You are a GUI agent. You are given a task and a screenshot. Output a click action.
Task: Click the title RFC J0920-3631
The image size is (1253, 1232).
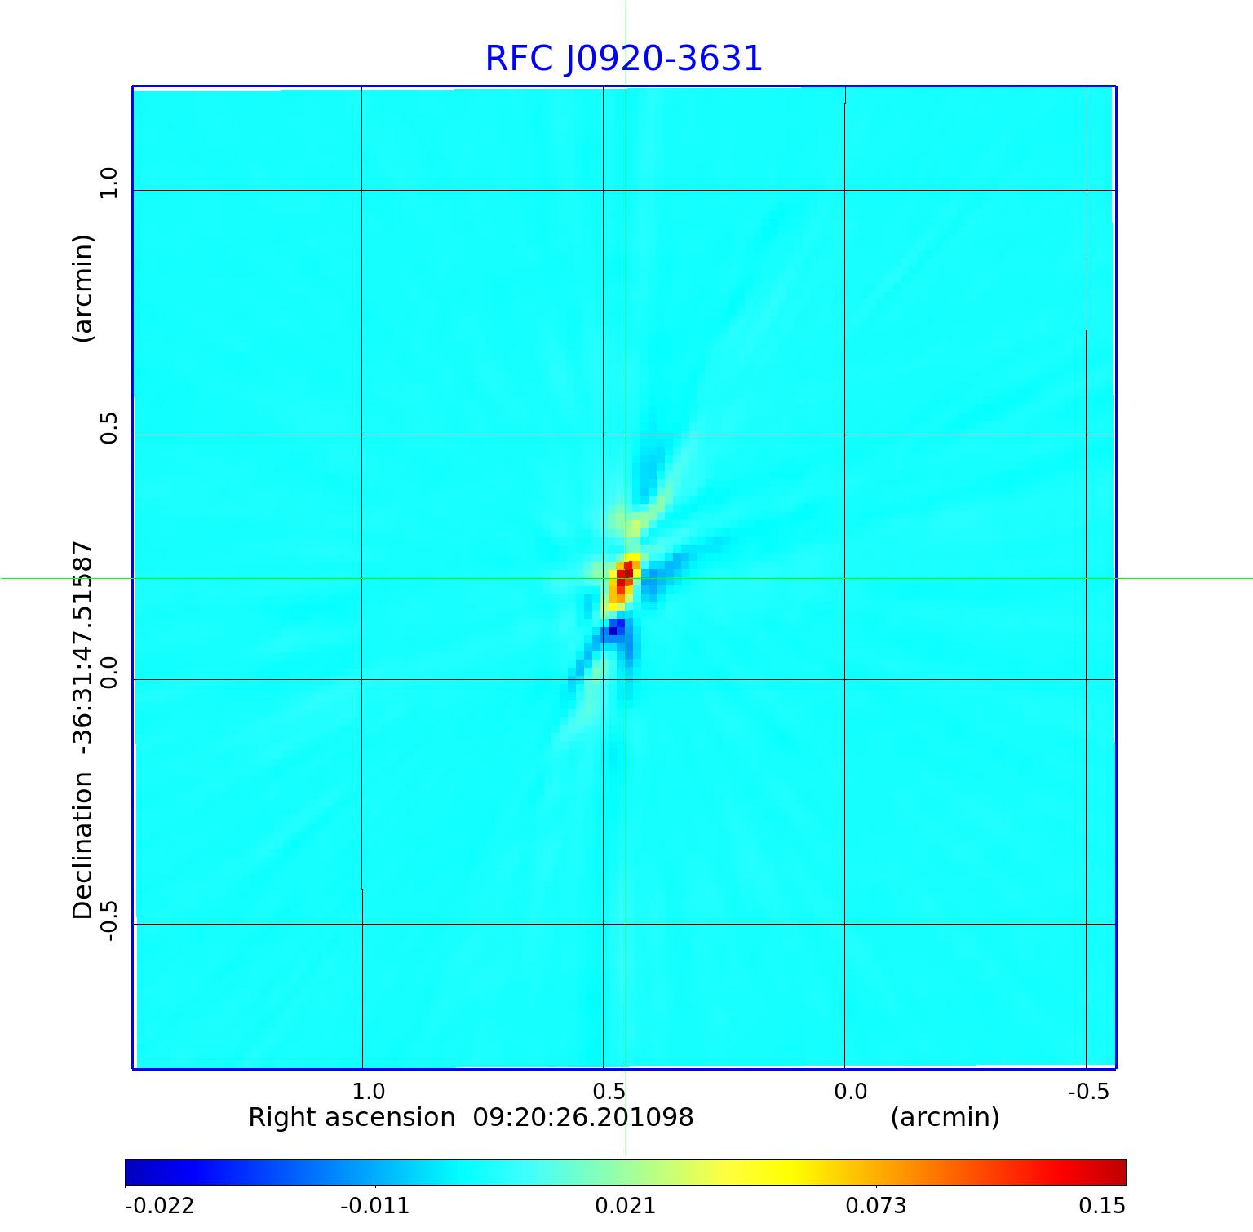pyautogui.click(x=624, y=59)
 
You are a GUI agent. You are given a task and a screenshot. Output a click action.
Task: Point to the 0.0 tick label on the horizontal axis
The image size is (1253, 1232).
pyautogui.click(x=850, y=1091)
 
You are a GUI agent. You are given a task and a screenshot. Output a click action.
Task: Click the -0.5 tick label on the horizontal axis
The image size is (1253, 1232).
pyautogui.click(x=1088, y=1091)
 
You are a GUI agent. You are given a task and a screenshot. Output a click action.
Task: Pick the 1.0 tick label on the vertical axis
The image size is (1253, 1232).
pyautogui.click(x=109, y=183)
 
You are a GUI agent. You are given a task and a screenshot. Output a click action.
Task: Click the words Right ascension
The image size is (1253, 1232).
pyautogui.click(x=352, y=1117)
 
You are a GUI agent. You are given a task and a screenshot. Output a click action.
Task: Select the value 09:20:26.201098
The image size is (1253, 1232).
pyautogui.click(x=583, y=1117)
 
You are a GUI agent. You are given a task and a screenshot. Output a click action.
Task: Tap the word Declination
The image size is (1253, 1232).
pyautogui.click(x=83, y=846)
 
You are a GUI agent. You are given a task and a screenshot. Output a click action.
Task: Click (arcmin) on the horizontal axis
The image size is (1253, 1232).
pyautogui.click(x=945, y=1117)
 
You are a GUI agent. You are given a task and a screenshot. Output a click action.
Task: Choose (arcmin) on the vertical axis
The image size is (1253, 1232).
pyautogui.click(x=83, y=289)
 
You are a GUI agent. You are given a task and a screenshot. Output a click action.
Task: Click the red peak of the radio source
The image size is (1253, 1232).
pyautogui.click(x=622, y=577)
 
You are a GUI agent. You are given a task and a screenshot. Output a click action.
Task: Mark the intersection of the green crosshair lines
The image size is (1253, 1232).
pyautogui.click(x=626, y=578)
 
